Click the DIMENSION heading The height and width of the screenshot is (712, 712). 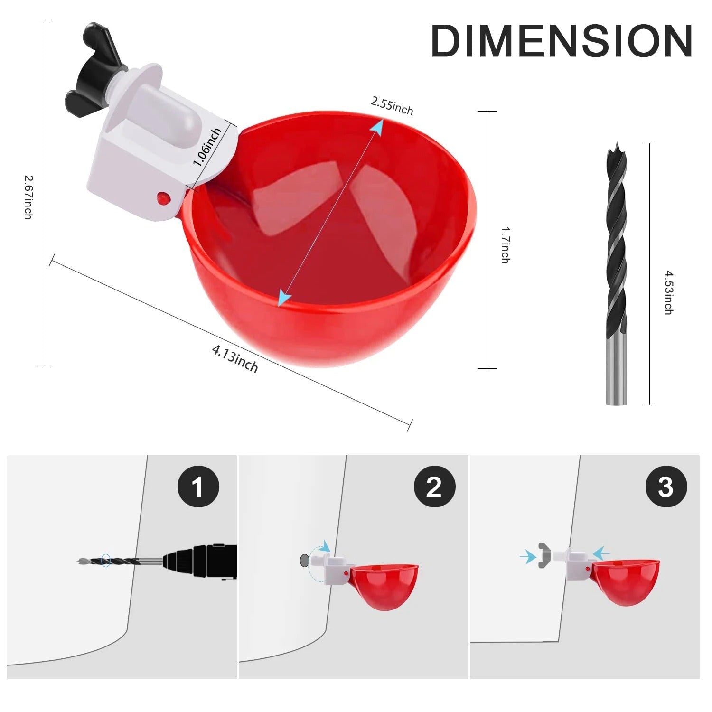(562, 41)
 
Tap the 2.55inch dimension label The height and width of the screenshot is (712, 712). (392, 106)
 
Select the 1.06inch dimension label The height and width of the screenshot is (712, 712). (207, 147)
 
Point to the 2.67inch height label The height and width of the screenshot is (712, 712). (28, 197)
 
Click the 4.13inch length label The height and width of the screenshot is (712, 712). (235, 359)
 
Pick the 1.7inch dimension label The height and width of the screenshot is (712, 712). (506, 244)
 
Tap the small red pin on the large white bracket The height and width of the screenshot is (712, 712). (163, 197)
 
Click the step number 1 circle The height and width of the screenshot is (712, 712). (198, 487)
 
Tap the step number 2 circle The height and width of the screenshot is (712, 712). (434, 487)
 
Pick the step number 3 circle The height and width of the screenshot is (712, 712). (666, 487)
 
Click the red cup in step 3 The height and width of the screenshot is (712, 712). (624, 581)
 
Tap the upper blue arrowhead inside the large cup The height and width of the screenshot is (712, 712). (377, 126)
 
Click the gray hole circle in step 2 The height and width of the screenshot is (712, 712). (304, 560)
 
